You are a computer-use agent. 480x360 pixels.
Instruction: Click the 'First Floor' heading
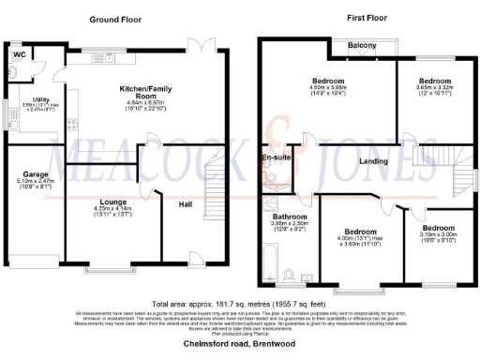(344, 19)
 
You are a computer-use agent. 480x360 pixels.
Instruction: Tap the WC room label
(18, 55)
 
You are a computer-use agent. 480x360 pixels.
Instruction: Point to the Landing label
(371, 161)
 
